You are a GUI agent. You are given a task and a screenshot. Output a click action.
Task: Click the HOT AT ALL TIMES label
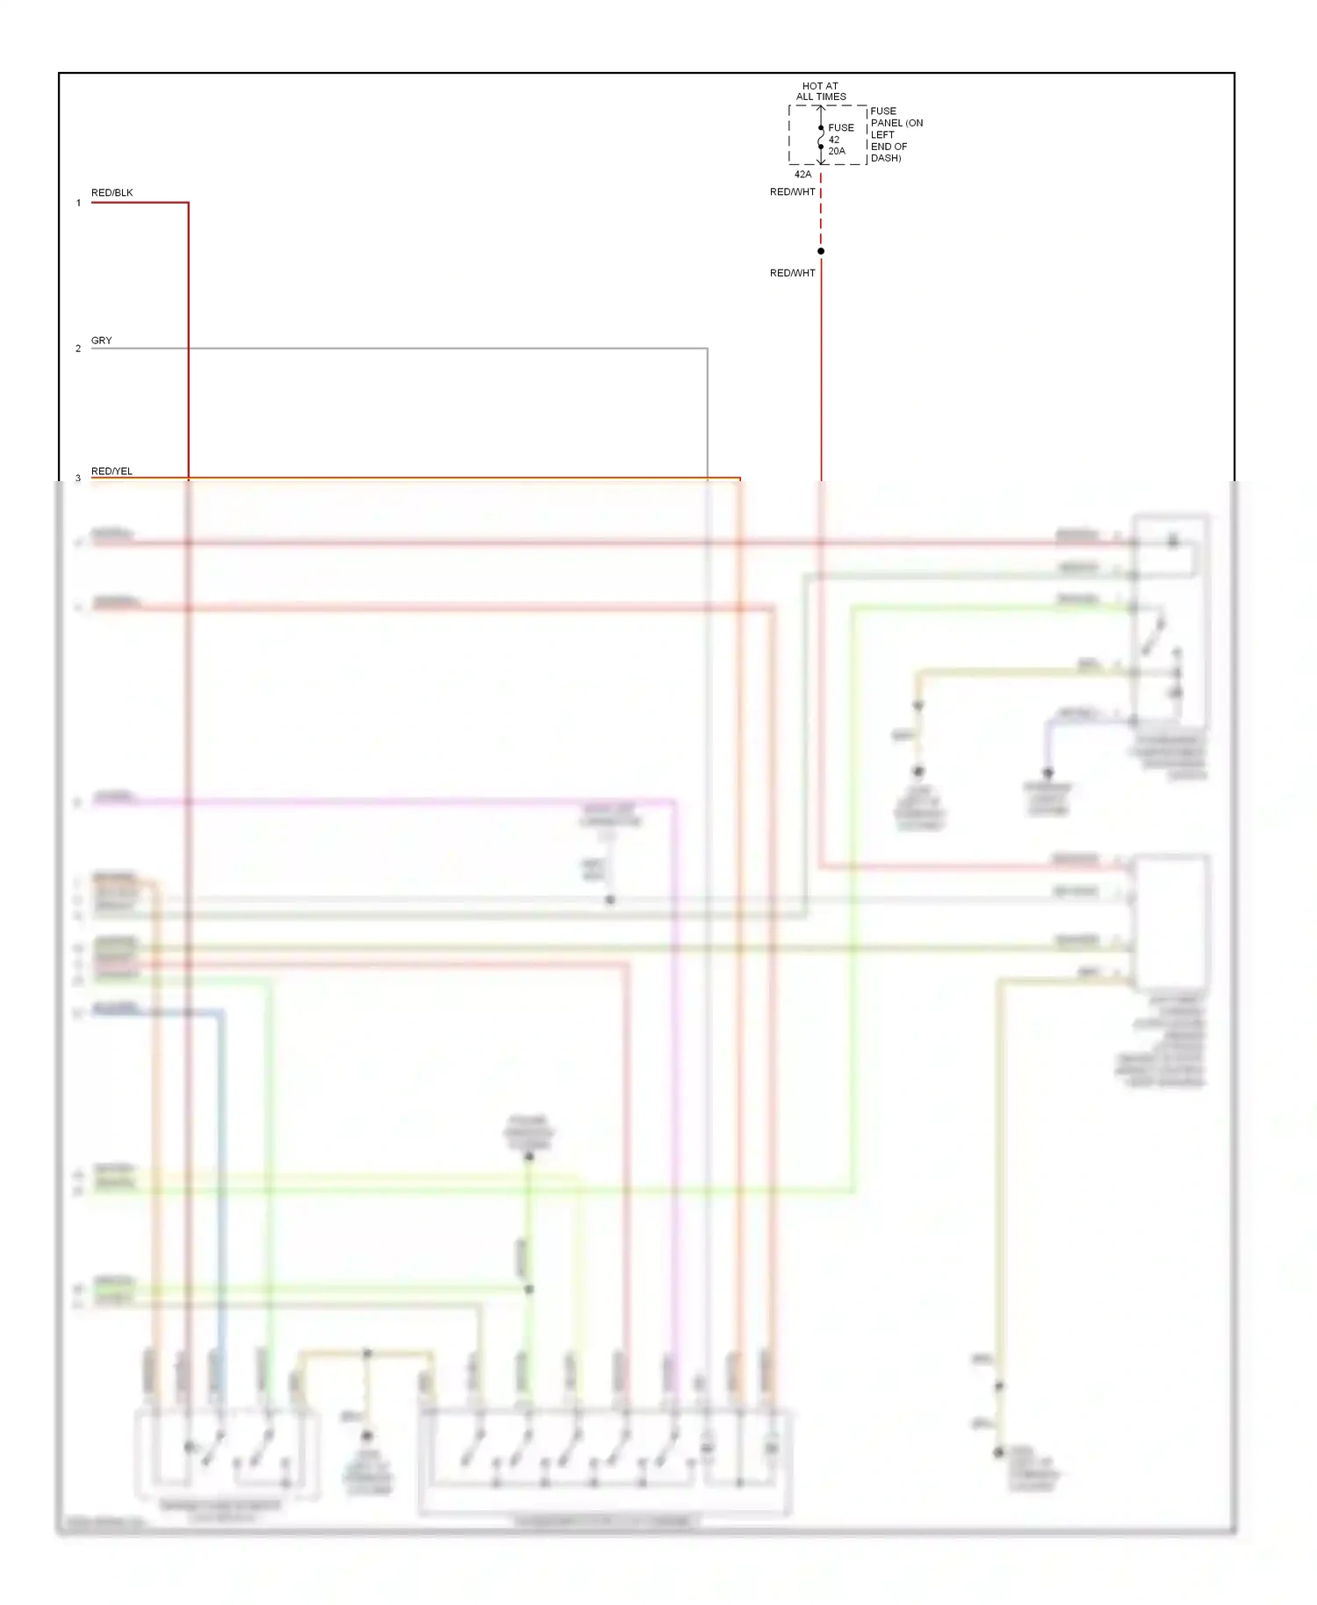point(821,91)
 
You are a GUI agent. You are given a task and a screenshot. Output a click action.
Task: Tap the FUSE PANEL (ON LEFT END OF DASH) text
point(896,134)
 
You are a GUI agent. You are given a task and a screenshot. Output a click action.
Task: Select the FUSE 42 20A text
point(839,139)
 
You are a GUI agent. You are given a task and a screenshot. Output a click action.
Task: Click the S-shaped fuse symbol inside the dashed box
point(821,137)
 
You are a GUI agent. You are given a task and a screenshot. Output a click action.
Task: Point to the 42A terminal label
point(802,174)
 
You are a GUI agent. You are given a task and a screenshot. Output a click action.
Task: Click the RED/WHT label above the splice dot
point(792,191)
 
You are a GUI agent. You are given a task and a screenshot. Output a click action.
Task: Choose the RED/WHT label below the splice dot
point(792,273)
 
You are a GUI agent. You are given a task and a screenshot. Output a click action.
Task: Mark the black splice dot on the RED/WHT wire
point(821,251)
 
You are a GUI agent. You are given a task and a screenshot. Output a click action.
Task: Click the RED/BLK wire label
point(112,192)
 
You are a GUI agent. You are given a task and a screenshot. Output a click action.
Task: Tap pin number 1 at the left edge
point(78,203)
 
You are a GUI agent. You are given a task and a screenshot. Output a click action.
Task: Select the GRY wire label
point(101,340)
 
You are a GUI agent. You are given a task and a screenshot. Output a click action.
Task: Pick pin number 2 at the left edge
point(78,349)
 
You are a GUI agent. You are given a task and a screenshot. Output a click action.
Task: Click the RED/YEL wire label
point(112,471)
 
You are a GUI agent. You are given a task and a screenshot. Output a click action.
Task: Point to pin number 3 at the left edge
point(78,478)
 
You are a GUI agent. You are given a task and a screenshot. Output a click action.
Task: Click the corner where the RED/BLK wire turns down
point(188,203)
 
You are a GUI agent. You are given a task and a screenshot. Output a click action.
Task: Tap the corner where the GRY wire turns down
point(707,349)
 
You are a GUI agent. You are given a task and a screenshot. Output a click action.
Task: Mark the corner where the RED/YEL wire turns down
point(740,479)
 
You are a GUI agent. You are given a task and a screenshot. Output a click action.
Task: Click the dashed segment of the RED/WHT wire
point(821,220)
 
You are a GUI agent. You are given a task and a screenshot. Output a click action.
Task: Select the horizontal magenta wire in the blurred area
point(395,801)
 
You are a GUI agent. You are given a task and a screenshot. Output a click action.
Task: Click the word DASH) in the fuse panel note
point(885,158)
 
